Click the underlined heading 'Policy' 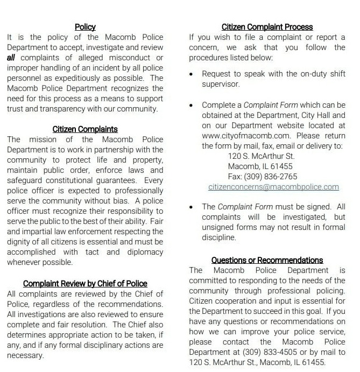coord(85,26)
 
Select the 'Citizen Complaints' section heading coord(85,129)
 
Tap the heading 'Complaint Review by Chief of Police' coord(85,284)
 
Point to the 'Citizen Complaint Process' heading coord(267,26)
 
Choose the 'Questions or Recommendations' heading coord(267,260)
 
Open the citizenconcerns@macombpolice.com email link coord(273,187)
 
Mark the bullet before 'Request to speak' coord(192,74)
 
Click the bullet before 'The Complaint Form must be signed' coord(192,207)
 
